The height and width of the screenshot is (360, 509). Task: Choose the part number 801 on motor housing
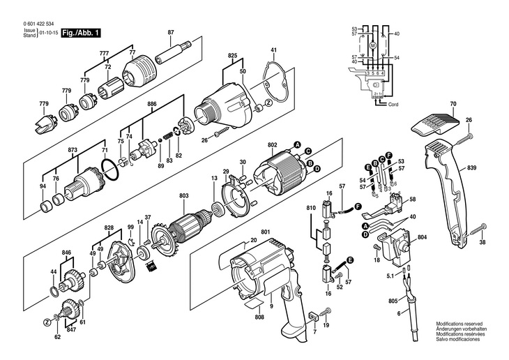266,232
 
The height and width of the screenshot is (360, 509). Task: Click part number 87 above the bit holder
171,33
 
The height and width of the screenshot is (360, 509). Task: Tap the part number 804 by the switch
422,239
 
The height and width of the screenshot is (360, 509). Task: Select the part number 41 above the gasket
274,50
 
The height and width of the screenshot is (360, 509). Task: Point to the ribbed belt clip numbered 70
433,126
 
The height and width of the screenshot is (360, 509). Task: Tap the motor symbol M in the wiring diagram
372,45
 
